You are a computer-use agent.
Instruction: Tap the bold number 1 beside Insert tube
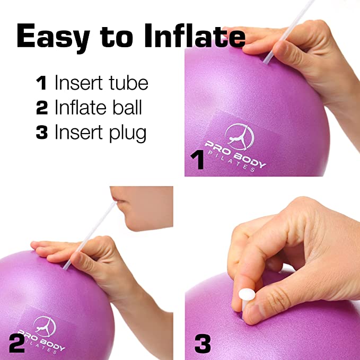(x=41, y=83)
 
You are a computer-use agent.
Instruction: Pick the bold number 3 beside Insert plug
(x=42, y=132)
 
